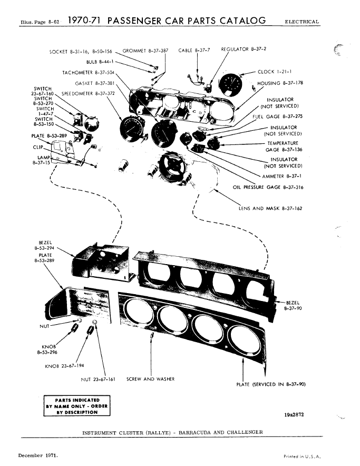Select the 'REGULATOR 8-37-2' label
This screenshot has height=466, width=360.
click(244, 49)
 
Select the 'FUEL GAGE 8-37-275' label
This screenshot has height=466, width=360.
click(277, 116)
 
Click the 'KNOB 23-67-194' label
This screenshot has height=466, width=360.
click(64, 365)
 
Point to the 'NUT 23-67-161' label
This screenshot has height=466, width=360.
click(99, 378)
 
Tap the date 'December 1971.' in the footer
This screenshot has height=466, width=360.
click(38, 454)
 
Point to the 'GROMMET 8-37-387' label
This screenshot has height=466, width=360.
click(145, 51)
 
